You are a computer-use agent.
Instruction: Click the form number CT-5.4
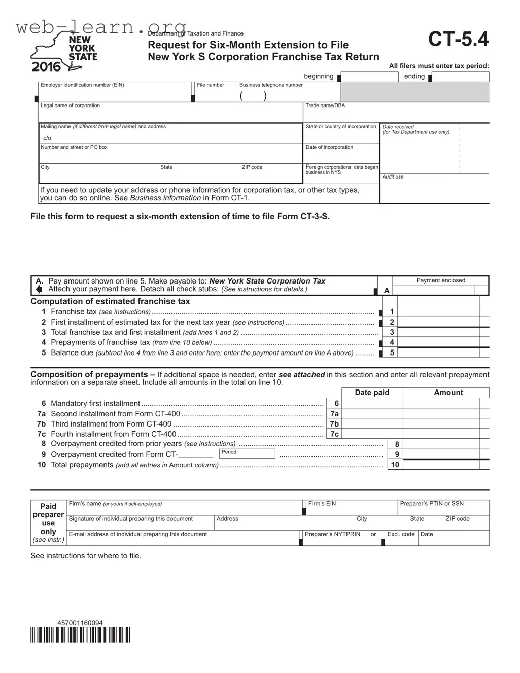(458, 39)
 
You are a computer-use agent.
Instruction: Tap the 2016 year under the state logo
(46, 66)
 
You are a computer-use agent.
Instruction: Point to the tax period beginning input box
(370, 77)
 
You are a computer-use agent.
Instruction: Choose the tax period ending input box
(460, 77)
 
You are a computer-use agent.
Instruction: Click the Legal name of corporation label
(70, 105)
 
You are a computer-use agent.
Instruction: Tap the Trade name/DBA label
(325, 105)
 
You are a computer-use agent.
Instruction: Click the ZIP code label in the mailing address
(252, 167)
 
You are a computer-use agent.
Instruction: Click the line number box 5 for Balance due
(392, 352)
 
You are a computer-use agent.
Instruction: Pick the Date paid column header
(372, 393)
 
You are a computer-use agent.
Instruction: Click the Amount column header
(448, 393)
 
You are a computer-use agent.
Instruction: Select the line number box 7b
(334, 424)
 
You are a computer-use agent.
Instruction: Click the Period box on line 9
(248, 454)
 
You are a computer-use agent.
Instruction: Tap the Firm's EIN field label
(322, 504)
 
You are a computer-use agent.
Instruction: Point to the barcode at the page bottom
(80, 635)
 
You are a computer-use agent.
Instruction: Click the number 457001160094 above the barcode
(80, 623)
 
